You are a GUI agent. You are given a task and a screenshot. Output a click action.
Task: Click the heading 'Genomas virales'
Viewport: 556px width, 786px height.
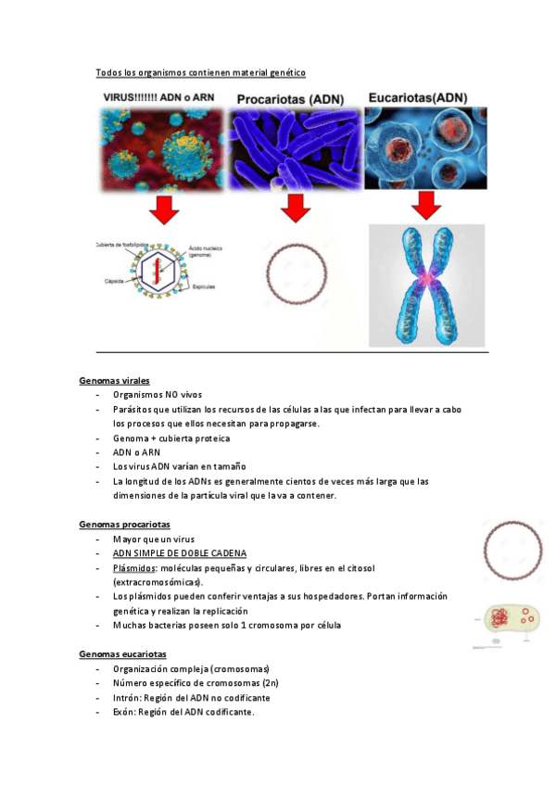114,381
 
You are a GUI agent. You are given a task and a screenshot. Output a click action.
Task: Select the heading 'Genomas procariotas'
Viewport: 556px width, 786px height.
124,525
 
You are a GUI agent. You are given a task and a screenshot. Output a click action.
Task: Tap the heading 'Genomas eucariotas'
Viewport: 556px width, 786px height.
122,654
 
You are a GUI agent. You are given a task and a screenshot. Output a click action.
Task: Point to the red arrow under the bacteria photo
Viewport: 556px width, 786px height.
296,209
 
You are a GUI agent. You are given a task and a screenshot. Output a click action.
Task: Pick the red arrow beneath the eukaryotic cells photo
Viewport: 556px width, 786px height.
425,206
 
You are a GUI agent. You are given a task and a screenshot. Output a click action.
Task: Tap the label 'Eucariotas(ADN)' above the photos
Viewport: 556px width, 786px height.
418,97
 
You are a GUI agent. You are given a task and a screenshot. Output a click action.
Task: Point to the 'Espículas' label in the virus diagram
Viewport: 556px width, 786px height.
205,288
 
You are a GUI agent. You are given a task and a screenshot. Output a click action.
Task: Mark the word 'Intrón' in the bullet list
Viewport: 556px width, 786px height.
127,697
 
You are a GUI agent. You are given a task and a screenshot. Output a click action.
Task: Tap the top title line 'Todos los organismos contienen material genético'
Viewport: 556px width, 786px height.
201,72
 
